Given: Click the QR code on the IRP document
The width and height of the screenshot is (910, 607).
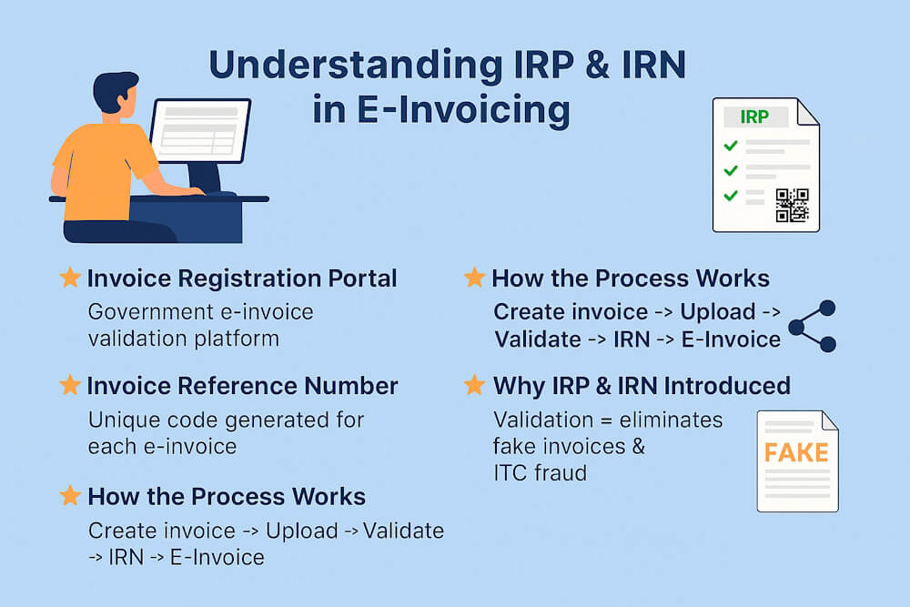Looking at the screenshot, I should point(791,205).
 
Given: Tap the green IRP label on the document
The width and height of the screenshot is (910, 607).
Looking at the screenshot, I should point(753,118).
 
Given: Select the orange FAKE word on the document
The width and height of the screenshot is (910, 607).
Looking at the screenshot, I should point(796,452).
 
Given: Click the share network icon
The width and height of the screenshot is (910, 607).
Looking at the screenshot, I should point(812,326).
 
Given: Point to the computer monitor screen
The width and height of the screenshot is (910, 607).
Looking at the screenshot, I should point(200,130).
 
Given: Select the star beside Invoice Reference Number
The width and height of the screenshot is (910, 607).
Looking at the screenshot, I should point(70,386).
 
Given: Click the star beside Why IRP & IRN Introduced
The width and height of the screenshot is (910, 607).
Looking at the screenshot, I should point(474,385).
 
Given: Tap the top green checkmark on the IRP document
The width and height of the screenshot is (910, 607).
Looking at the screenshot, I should point(730,146).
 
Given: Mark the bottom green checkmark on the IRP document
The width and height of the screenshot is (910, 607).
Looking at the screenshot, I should point(730,195).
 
